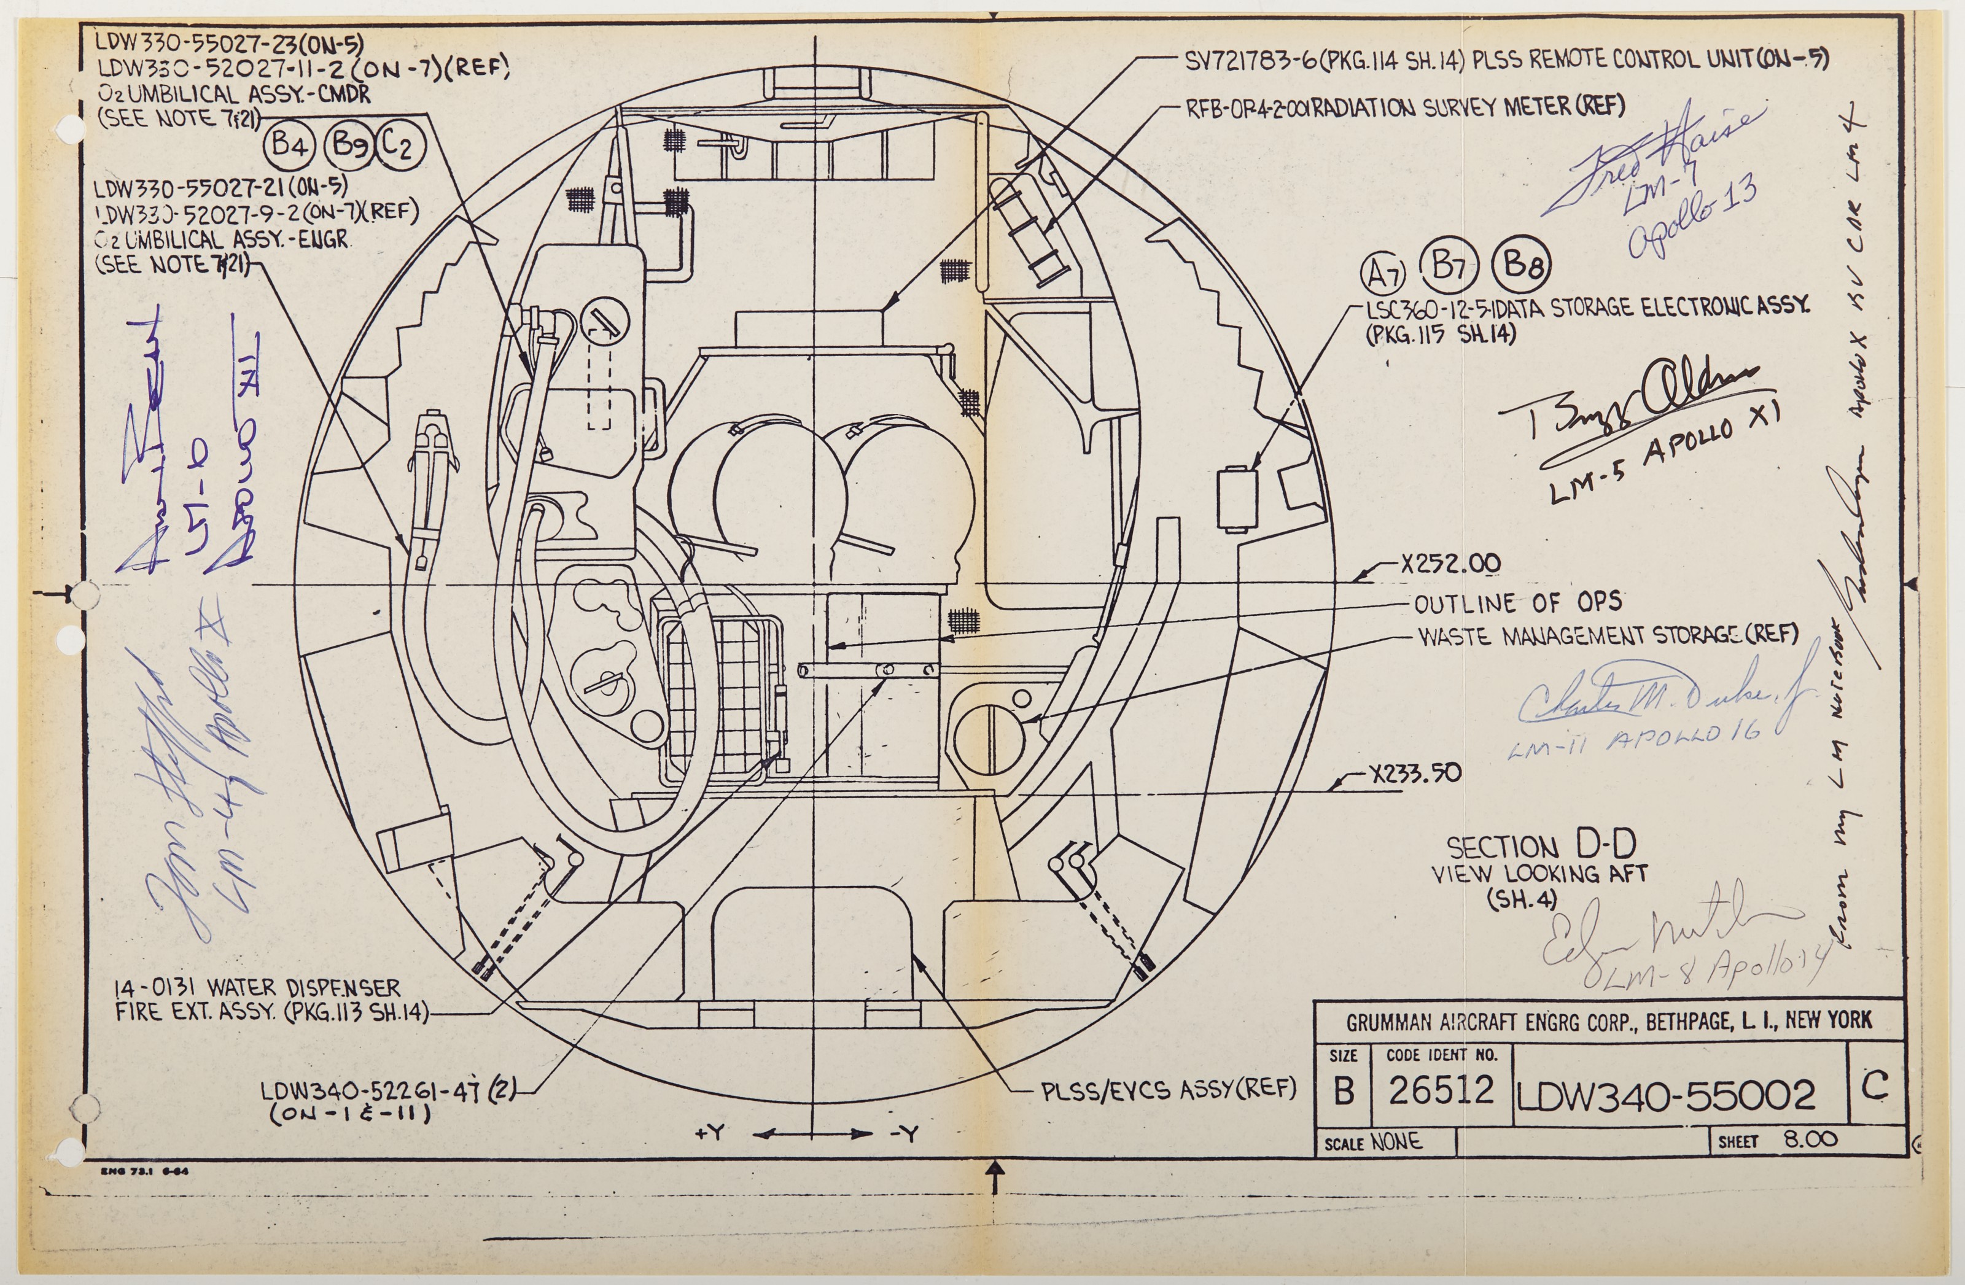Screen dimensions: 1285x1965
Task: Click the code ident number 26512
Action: coord(1441,1091)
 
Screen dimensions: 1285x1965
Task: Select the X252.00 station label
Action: coord(1450,564)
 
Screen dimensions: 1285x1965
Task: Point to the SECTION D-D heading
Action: coord(1541,847)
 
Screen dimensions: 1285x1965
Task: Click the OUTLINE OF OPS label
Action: coord(1517,604)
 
